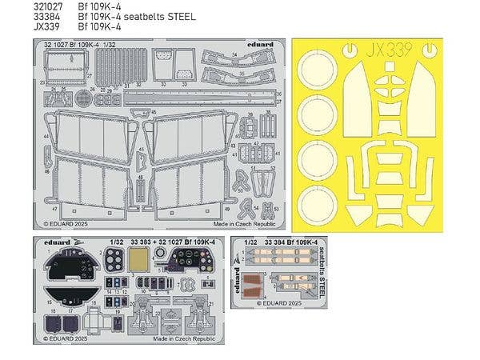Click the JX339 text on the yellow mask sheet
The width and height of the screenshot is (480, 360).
[x=390, y=50]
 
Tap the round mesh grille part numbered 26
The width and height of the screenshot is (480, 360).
[x=84, y=98]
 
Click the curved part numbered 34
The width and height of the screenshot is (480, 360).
[x=237, y=59]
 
